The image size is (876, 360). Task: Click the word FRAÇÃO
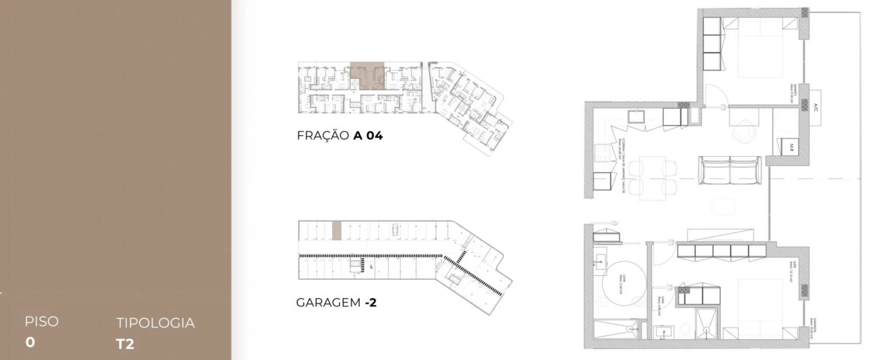coord(322,135)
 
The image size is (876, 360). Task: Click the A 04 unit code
coord(368,135)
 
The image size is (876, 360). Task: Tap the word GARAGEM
coord(328,302)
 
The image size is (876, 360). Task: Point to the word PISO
coord(41,321)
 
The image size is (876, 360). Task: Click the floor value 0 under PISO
coord(30,342)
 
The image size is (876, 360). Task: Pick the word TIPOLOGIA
coord(155,323)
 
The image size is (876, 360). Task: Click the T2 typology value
coord(125,344)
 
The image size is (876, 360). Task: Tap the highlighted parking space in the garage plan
coord(337,230)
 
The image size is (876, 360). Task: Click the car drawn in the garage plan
coord(395,229)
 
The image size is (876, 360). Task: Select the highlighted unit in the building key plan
coord(367,75)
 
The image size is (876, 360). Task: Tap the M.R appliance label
coord(793,147)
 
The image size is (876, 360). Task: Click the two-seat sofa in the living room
coord(730,169)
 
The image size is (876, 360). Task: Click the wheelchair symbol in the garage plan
coord(371,266)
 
